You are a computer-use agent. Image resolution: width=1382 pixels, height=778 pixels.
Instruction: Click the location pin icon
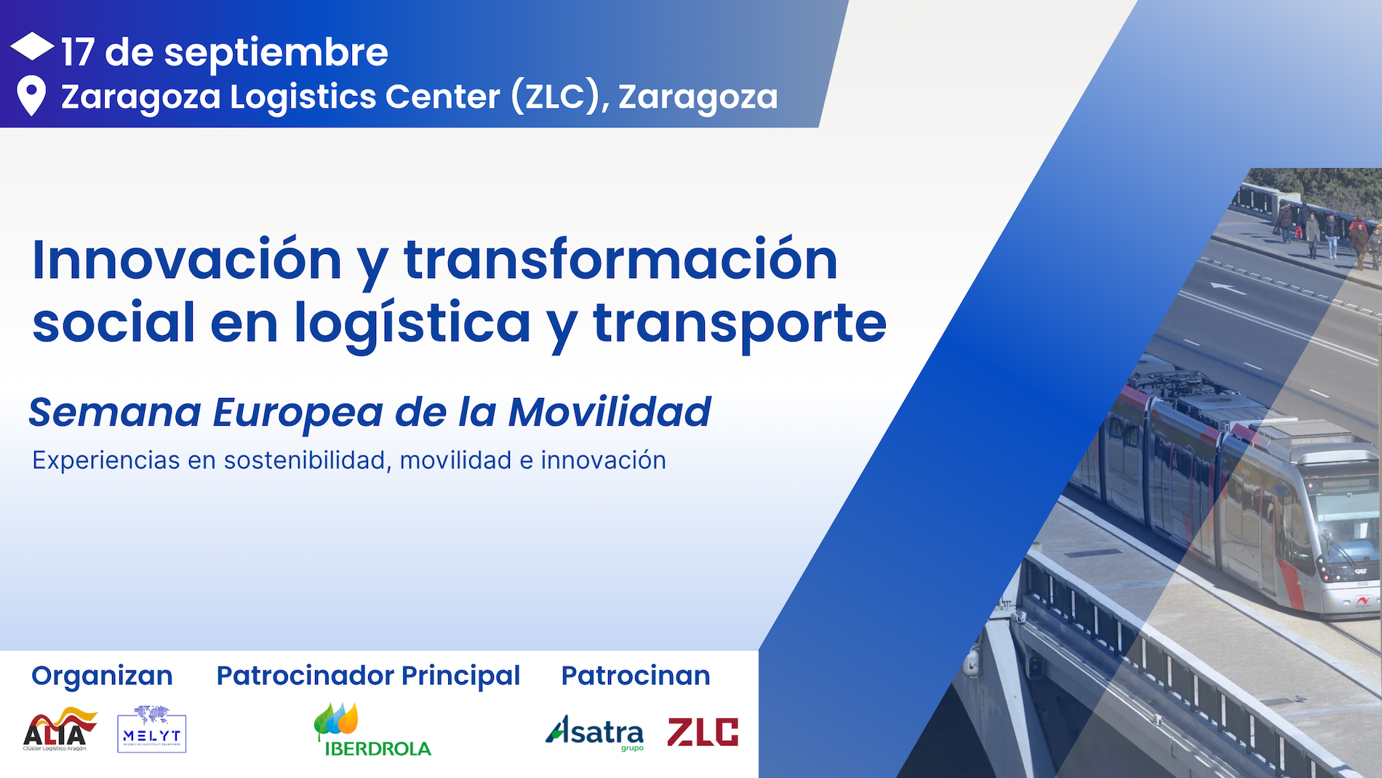tap(31, 95)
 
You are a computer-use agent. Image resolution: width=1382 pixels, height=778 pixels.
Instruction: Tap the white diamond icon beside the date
tap(32, 47)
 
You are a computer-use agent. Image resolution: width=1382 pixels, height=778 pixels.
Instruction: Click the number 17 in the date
tap(77, 52)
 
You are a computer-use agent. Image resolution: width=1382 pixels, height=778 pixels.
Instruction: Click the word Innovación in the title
tap(187, 260)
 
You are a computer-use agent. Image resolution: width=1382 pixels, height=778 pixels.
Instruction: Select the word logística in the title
tap(412, 323)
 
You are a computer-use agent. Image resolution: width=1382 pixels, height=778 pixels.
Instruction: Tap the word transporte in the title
tap(740, 323)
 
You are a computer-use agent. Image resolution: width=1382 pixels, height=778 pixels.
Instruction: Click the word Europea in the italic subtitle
tap(297, 413)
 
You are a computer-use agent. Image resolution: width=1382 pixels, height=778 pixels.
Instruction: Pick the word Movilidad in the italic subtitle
tap(610, 413)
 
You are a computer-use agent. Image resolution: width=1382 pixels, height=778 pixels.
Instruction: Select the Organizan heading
tap(102, 675)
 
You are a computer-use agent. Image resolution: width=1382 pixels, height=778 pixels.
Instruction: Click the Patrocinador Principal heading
tap(368, 675)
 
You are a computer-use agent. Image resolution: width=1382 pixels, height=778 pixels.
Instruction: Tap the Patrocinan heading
tap(636, 675)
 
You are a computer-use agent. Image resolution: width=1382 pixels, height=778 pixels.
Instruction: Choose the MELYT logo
tap(151, 729)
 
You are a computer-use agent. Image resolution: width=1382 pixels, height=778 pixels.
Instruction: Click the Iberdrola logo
tap(371, 731)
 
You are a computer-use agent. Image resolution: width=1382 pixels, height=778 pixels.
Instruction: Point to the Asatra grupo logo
tap(595, 732)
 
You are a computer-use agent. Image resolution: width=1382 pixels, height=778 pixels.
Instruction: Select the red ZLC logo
tap(703, 732)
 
